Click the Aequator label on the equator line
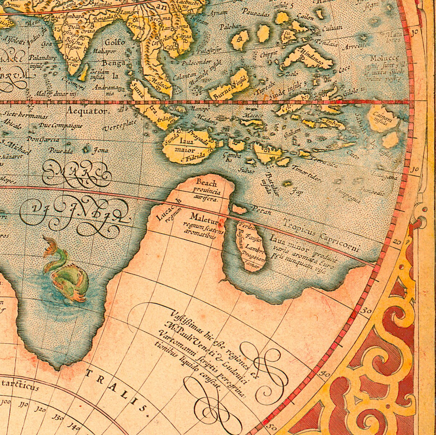87,111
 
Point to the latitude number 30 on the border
367,310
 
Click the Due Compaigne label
61,126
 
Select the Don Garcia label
43,139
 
